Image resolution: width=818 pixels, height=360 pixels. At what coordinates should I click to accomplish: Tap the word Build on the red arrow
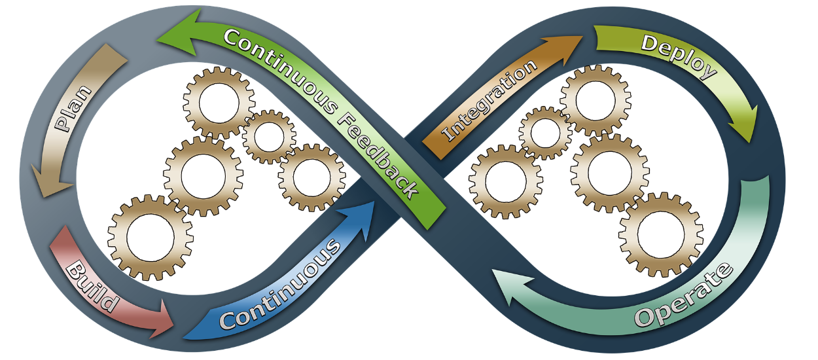[93, 287]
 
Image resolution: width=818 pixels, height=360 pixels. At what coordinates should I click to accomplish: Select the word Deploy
[679, 56]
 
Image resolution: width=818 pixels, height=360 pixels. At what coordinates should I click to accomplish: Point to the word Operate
[684, 295]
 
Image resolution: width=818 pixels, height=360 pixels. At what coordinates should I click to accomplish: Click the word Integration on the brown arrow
[489, 99]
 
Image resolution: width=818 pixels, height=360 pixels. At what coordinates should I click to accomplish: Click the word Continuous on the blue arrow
[279, 283]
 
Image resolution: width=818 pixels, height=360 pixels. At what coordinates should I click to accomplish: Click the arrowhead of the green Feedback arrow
[179, 33]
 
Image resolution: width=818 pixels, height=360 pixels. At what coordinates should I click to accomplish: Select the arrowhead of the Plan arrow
[50, 181]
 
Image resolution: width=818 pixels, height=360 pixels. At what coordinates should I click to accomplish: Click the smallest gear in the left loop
[269, 137]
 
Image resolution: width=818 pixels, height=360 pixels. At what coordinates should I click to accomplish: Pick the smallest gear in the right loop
[545, 133]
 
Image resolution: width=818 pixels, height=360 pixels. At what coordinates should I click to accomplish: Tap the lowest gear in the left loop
[151, 238]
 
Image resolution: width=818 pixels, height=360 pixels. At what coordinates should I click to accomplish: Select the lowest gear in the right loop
[661, 235]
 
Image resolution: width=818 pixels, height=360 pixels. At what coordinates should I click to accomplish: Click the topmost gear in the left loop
[219, 103]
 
